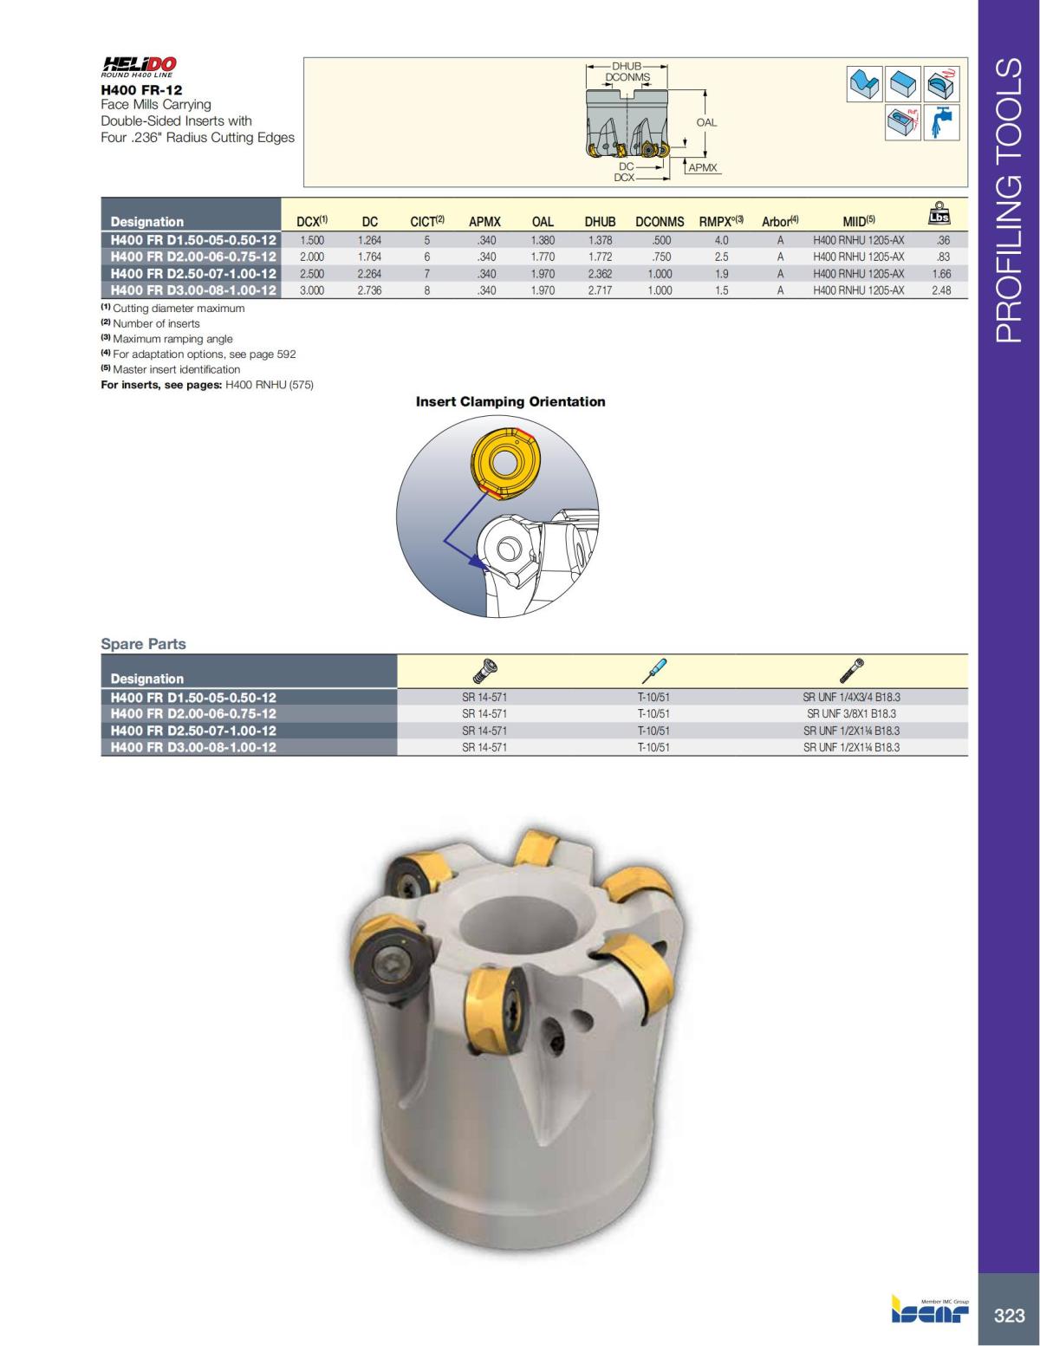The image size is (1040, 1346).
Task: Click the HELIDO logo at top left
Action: [x=139, y=66]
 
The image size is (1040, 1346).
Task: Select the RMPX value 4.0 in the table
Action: [x=721, y=240]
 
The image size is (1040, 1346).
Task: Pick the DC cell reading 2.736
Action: [x=369, y=290]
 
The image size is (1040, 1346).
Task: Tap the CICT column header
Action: [x=426, y=222]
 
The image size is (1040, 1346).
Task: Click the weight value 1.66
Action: [x=941, y=274]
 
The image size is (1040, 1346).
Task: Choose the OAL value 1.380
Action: [x=543, y=240]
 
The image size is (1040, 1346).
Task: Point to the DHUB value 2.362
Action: [x=600, y=274]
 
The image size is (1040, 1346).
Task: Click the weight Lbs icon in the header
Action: [x=939, y=213]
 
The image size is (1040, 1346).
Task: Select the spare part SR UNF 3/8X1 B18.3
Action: [x=851, y=713]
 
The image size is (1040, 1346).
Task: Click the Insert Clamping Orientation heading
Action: [x=510, y=401]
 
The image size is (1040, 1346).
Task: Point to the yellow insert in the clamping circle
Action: [x=501, y=463]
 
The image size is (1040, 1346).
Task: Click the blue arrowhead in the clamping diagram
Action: [x=474, y=562]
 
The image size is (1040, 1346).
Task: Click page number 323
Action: [x=1009, y=1316]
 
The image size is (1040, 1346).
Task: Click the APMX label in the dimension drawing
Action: [x=703, y=168]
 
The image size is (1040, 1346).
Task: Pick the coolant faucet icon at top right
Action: [x=942, y=122]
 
